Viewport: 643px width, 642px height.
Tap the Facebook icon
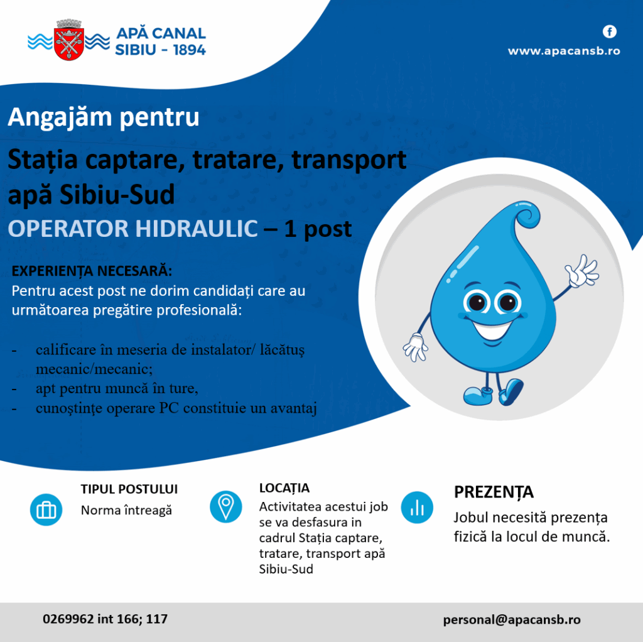(609, 31)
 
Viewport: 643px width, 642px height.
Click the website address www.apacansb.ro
(563, 51)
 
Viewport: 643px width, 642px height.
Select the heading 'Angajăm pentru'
(104, 117)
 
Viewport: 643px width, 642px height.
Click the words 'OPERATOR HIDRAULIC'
(132, 229)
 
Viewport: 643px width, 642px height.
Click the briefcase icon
(46, 509)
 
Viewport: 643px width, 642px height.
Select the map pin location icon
(225, 506)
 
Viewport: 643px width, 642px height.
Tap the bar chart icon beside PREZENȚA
(417, 507)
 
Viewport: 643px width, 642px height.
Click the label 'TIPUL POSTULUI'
(129, 489)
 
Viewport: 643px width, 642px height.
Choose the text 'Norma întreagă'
(126, 510)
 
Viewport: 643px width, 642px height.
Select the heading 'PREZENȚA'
(494, 492)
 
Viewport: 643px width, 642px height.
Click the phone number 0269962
(68, 619)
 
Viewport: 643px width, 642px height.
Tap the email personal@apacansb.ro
(512, 619)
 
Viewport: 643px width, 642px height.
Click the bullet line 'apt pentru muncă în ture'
(117, 389)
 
